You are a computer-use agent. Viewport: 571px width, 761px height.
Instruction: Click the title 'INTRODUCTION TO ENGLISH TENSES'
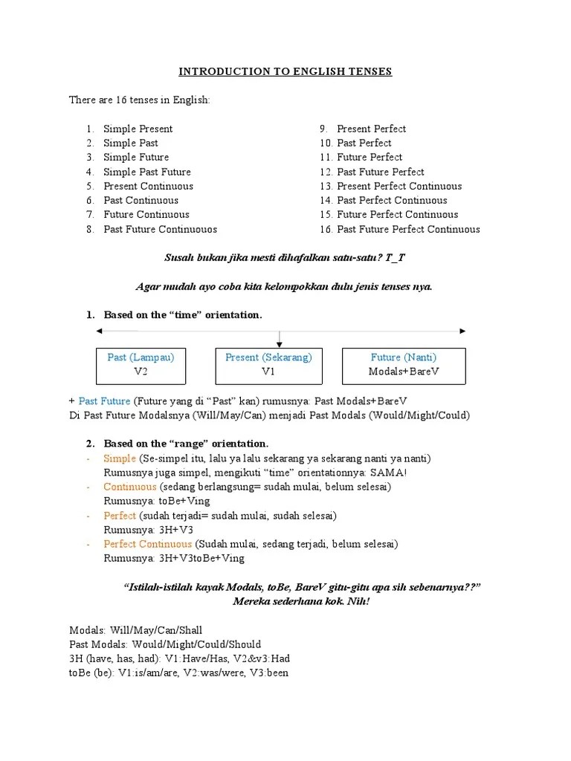tap(285, 71)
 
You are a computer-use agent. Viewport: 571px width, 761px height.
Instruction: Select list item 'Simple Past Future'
tap(147, 172)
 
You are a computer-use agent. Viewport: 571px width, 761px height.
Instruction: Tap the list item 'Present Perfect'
tap(371, 129)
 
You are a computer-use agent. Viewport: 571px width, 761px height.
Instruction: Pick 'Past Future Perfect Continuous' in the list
tap(408, 229)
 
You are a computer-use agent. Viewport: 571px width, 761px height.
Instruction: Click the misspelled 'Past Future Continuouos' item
tap(160, 229)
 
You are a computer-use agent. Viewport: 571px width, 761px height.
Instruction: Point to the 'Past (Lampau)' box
tap(141, 364)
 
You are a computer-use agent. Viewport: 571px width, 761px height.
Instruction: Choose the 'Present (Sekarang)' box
tap(268, 364)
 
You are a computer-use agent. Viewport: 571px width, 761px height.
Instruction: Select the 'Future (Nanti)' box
tap(404, 364)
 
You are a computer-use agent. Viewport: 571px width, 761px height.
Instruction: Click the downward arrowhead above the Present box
tap(279, 343)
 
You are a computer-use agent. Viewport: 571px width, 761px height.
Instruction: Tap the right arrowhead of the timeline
tap(462, 330)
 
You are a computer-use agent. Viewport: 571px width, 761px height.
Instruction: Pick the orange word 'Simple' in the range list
tap(120, 459)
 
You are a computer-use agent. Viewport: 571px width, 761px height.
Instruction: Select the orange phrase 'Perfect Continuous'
tap(147, 544)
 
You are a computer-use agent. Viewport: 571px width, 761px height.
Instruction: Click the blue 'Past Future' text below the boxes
tap(104, 401)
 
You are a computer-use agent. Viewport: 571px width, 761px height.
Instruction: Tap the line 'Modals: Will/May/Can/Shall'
tap(135, 630)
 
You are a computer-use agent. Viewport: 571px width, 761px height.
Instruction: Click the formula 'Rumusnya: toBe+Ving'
tap(146, 501)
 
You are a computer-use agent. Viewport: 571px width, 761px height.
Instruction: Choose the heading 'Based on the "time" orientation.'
tap(183, 315)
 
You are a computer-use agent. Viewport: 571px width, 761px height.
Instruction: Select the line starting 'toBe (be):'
tap(178, 673)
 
